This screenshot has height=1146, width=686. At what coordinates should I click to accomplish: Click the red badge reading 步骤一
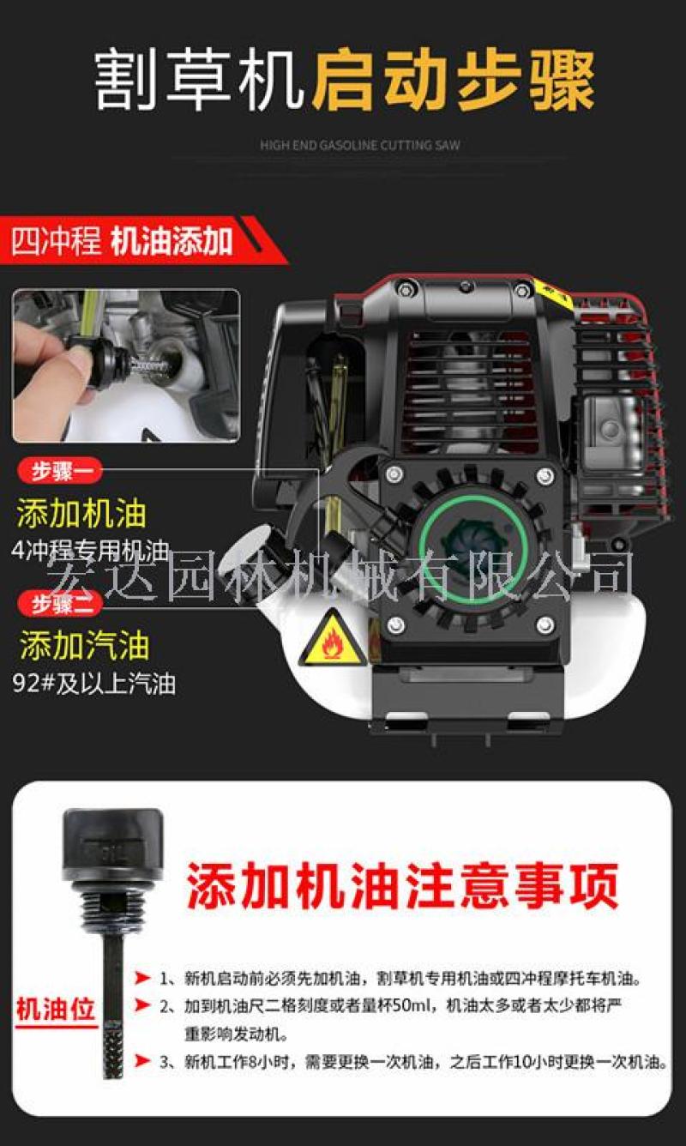coord(60,471)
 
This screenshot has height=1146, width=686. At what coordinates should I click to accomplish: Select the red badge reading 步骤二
coord(60,604)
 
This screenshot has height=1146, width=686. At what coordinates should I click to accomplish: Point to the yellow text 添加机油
coord(81,513)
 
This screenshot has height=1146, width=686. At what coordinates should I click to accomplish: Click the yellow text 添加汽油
coord(84,645)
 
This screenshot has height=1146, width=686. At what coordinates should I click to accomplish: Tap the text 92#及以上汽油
coord(94,684)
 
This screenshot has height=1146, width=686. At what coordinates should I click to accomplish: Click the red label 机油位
coord(56,1010)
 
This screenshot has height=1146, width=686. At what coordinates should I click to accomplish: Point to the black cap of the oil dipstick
coord(112,839)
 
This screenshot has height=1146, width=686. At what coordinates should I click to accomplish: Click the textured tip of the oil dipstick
coord(112,1049)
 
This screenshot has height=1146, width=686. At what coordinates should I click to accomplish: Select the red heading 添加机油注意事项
coord(403,884)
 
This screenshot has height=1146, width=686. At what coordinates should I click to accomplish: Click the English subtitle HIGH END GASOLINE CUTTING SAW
coord(360,145)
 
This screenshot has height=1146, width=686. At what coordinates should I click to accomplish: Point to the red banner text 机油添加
coord(171,242)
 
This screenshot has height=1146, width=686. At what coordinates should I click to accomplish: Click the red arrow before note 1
coord(142,978)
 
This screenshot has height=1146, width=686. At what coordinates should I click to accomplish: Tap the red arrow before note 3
coord(142,1061)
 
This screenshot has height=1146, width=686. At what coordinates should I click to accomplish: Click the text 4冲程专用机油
coord(90,551)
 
